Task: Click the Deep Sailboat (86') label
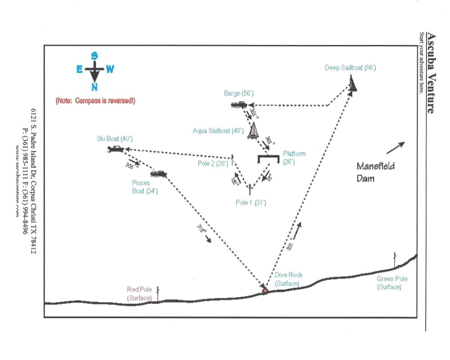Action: point(350,68)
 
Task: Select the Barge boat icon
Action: point(238,105)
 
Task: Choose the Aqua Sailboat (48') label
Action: point(218,131)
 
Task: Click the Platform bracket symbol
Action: point(268,158)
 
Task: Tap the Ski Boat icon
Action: point(116,149)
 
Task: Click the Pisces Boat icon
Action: point(158,174)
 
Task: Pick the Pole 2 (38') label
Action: point(213,163)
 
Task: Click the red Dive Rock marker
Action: point(265,292)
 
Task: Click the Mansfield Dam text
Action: point(375,171)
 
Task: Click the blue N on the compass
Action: point(94,87)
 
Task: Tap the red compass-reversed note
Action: point(95,101)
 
